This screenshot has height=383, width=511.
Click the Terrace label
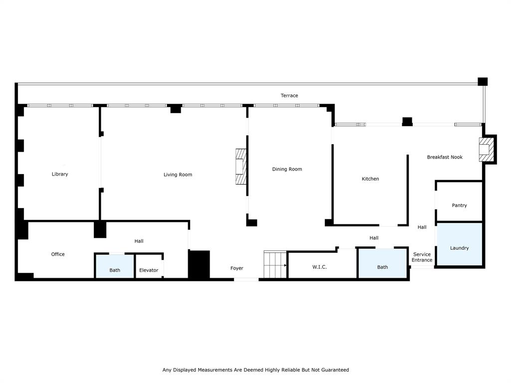pyautogui.click(x=289, y=95)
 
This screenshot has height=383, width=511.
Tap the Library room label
pyautogui.click(x=60, y=174)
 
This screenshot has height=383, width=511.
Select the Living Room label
pyautogui.click(x=178, y=175)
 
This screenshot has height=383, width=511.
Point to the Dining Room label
pyautogui.click(x=287, y=169)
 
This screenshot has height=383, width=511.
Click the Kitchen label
pyautogui.click(x=370, y=179)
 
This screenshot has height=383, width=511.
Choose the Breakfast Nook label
pyautogui.click(x=445, y=157)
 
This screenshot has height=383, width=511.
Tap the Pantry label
pyautogui.click(x=459, y=205)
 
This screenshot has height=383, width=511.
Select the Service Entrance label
pyautogui.click(x=422, y=257)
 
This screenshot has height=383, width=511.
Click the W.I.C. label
pyautogui.click(x=319, y=267)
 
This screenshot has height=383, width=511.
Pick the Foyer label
pyautogui.click(x=237, y=268)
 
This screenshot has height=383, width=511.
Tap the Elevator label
pyautogui.click(x=149, y=270)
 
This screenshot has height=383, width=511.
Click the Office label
pyautogui.click(x=58, y=254)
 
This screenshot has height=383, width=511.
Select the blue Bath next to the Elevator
pyautogui.click(x=115, y=266)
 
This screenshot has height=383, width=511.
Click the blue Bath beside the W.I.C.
pyautogui.click(x=382, y=263)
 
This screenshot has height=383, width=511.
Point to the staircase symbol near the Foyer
pyautogui.click(x=275, y=265)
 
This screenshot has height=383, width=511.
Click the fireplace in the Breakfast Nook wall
pyautogui.click(x=485, y=149)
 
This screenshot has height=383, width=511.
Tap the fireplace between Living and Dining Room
pyautogui.click(x=241, y=167)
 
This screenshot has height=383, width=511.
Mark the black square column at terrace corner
pyautogui.click(x=483, y=82)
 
